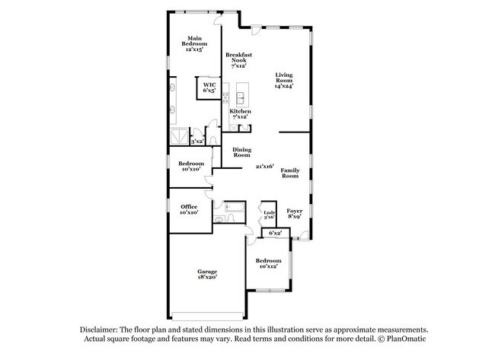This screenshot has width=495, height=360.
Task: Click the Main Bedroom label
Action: point(193,43)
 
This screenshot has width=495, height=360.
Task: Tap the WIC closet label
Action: point(208,88)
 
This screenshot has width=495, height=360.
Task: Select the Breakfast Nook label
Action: point(239,59)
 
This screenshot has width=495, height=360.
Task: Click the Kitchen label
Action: point(241,114)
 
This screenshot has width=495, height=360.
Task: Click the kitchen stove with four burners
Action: point(226,98)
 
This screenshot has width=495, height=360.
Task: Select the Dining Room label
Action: point(242,152)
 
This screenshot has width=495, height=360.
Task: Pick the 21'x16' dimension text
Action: point(264,166)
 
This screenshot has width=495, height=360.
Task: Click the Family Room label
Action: point(289,173)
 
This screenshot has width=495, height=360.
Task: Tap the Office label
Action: point(190,209)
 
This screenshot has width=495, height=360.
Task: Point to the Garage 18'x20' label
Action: point(208,275)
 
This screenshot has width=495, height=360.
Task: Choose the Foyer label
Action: point(294,213)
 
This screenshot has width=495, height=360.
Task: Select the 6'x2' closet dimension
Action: point(275,233)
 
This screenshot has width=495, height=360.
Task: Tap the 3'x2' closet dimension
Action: point(196,141)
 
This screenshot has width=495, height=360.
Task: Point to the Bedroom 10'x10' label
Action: point(190,166)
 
